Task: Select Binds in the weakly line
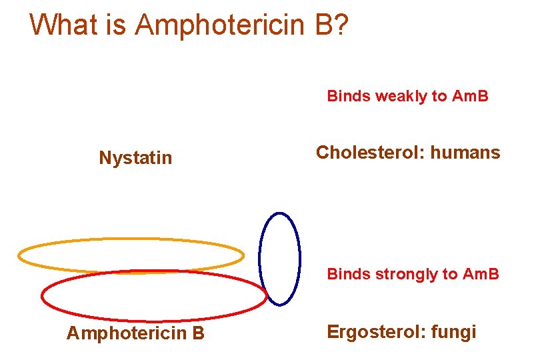348,97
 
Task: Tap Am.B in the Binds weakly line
470,97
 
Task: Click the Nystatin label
135,158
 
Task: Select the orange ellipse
131,239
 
